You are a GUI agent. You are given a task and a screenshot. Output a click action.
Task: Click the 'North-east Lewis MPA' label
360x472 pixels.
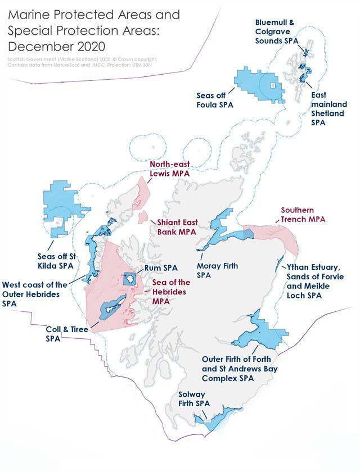(170, 169)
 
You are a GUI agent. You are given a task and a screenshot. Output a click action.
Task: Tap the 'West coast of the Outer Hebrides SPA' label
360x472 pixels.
(34, 293)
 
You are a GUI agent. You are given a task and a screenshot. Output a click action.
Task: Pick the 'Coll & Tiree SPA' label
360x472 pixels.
(66, 334)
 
